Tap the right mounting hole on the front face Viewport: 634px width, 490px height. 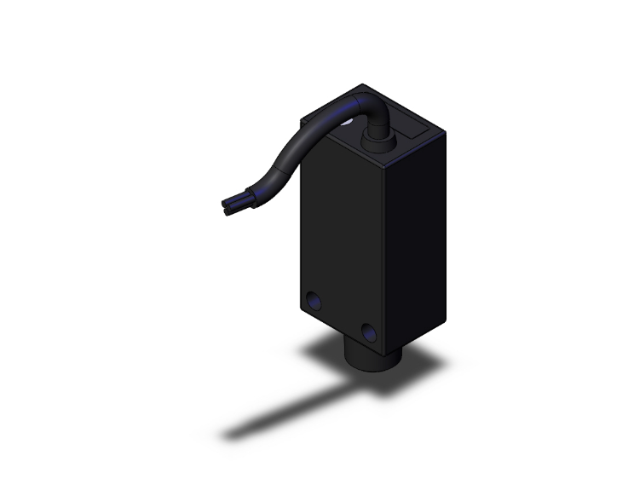pos(369,331)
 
